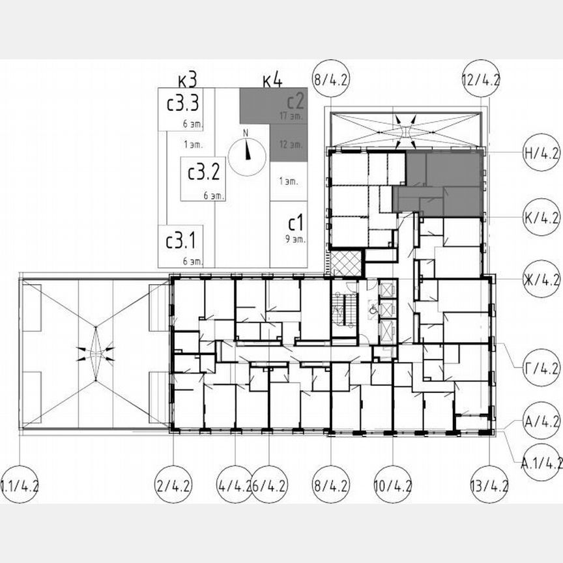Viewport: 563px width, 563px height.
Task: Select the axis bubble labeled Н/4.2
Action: pyautogui.click(x=541, y=154)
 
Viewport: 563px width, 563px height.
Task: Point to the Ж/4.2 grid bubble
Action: pyautogui.click(x=541, y=281)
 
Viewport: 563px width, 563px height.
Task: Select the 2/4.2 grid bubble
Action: pyautogui.click(x=174, y=485)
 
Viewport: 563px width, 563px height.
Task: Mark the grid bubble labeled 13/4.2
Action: pyautogui.click(x=489, y=485)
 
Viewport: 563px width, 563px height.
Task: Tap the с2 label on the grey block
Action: pyautogui.click(x=296, y=101)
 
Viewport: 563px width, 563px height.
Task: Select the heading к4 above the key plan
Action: pyautogui.click(x=272, y=80)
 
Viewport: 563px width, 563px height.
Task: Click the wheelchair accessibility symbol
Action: pyautogui.click(x=372, y=311)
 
